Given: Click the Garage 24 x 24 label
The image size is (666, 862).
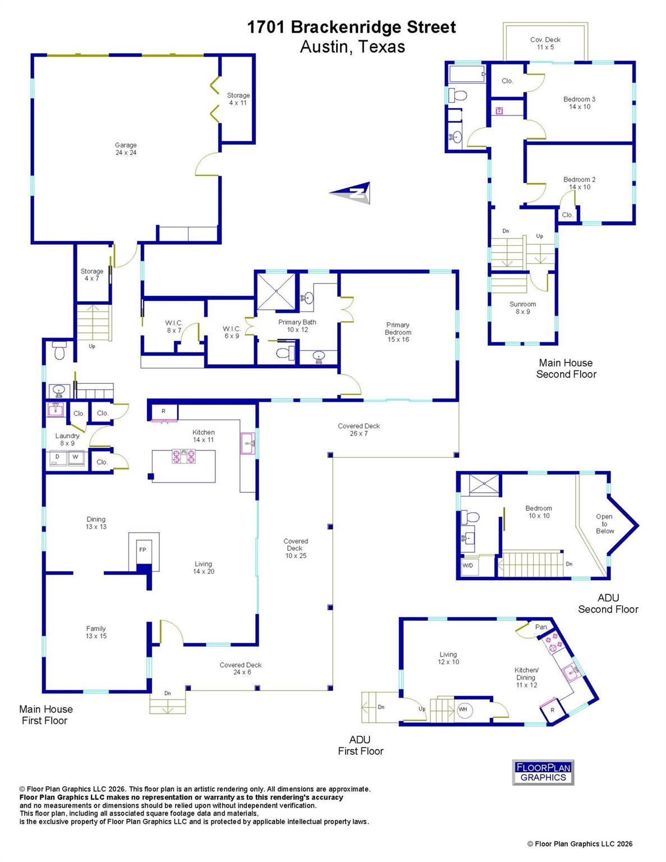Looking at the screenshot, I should [x=126, y=149].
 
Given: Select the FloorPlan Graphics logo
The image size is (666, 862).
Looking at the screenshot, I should [x=543, y=772].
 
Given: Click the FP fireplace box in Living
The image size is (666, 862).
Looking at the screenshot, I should [x=143, y=550].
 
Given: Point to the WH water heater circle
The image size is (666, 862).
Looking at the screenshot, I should [x=463, y=710].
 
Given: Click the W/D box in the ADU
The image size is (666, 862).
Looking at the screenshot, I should [x=468, y=566].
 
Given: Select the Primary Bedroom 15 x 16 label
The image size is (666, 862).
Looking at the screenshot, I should [x=398, y=332].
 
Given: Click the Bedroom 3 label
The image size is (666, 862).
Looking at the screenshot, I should [x=579, y=103].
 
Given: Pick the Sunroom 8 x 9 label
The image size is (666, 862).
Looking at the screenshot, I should [x=522, y=308].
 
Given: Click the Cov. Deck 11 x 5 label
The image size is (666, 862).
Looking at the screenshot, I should [x=545, y=43].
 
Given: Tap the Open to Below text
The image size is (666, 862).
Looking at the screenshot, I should [x=604, y=524].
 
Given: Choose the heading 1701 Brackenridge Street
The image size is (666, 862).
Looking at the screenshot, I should [x=351, y=27].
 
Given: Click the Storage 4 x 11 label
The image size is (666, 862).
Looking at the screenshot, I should [x=238, y=99].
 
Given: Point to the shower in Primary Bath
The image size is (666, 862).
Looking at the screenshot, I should [x=275, y=291].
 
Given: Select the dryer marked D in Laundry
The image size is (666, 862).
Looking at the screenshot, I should [x=57, y=457].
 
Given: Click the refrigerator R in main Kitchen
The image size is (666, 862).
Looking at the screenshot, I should [x=163, y=411].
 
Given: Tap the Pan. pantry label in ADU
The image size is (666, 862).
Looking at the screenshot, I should [x=541, y=627].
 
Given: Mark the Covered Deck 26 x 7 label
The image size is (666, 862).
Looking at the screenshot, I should [x=359, y=429].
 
